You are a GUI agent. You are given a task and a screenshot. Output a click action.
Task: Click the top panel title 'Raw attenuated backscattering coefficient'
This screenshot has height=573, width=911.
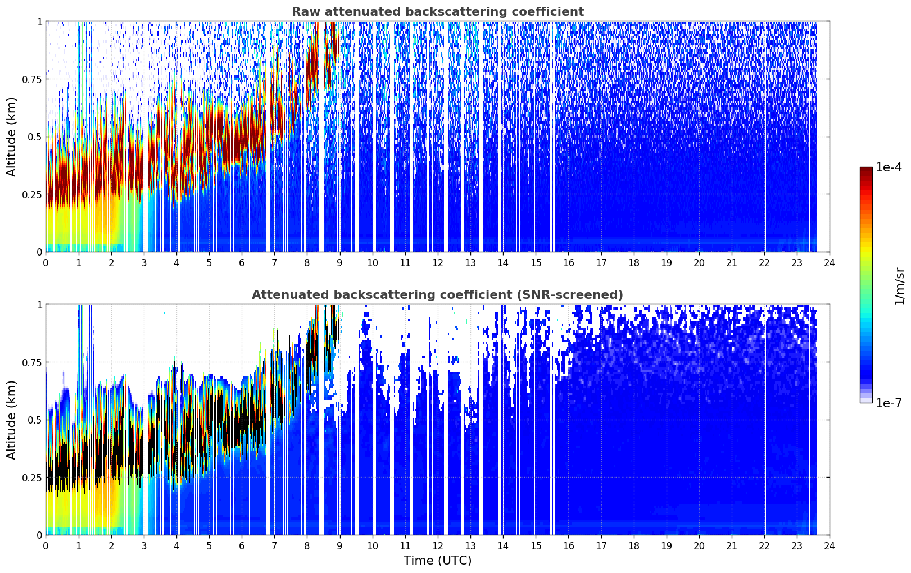438,11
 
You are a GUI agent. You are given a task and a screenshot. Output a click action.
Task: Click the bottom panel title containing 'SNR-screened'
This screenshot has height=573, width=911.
438,294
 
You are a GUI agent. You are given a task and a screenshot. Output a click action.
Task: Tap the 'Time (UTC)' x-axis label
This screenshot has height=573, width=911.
438,561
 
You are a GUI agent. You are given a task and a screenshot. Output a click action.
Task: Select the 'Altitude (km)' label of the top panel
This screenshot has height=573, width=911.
11,137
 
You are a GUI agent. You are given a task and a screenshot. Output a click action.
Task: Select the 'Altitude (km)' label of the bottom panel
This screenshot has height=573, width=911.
11,420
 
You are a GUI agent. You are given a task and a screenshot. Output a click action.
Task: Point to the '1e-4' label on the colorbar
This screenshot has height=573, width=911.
889,167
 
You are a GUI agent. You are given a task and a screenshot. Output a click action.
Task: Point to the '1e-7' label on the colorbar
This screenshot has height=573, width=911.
889,403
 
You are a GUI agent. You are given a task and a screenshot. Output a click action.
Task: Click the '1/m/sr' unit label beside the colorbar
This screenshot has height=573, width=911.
899,286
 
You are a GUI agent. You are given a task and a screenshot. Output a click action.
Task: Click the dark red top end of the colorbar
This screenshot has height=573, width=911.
866,169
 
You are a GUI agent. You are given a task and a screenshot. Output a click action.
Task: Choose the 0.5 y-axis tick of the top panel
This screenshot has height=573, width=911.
34,137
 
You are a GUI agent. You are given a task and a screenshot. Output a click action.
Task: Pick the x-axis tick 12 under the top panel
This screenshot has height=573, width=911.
438,263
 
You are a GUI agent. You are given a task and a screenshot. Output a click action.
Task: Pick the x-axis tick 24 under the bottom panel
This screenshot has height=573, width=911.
830,546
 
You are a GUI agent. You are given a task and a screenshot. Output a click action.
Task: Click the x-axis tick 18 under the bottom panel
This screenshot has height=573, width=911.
633,546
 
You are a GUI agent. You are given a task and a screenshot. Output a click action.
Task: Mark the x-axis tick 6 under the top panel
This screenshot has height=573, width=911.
242,263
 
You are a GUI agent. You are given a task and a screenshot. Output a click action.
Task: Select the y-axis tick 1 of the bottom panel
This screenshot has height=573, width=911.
39,305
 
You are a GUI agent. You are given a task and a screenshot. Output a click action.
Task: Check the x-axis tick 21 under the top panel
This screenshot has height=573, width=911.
732,263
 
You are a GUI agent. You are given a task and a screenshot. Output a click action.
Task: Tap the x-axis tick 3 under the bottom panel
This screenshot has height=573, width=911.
143,546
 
